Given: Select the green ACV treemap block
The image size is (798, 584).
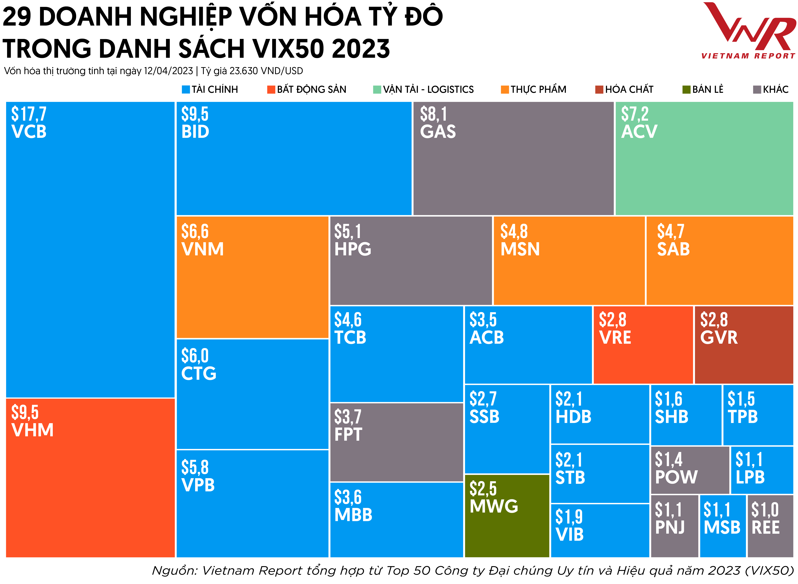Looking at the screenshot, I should point(704,158).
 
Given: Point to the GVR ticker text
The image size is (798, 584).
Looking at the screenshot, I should point(719,338).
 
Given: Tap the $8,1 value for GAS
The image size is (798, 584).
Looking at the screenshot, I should point(434,114).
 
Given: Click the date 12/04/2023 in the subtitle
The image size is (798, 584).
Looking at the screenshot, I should point(168,71).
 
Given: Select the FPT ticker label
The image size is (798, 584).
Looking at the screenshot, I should point(348,434).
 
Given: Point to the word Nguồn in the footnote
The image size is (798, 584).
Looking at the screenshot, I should point(173,570).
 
